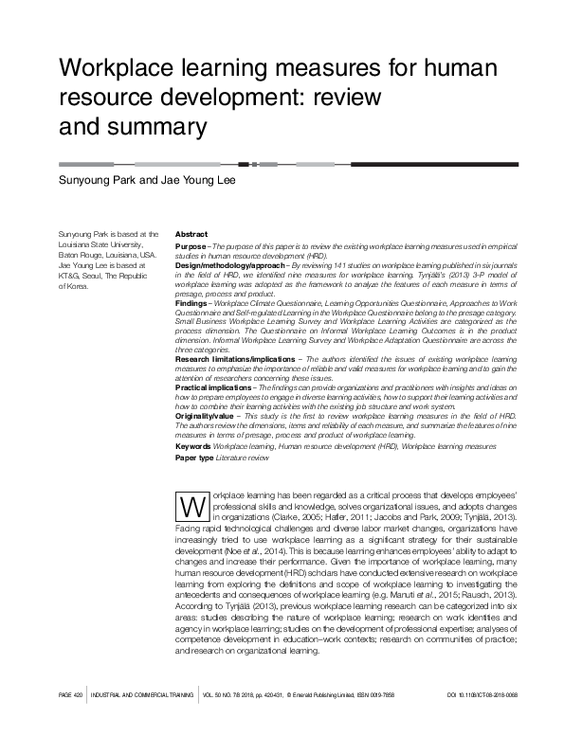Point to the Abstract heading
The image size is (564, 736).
(x=191, y=234)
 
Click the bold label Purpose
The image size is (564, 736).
(x=191, y=245)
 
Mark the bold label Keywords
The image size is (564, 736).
(x=193, y=444)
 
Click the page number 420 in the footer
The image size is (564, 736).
(x=80, y=723)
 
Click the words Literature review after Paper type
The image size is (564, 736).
(x=242, y=458)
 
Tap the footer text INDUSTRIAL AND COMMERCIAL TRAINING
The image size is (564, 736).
(x=141, y=723)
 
